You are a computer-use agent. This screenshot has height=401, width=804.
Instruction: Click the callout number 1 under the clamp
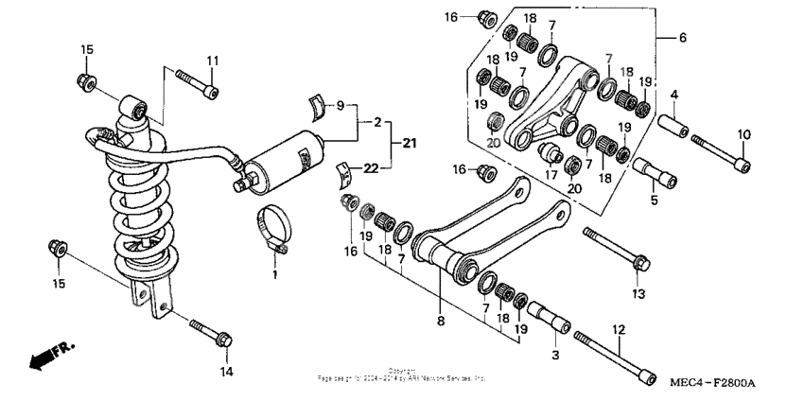click(x=275, y=275)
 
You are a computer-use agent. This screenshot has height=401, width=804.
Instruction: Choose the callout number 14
click(x=226, y=372)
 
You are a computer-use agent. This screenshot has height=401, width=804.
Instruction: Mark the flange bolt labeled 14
click(x=213, y=332)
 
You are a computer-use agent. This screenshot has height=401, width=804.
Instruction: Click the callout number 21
click(x=408, y=143)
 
